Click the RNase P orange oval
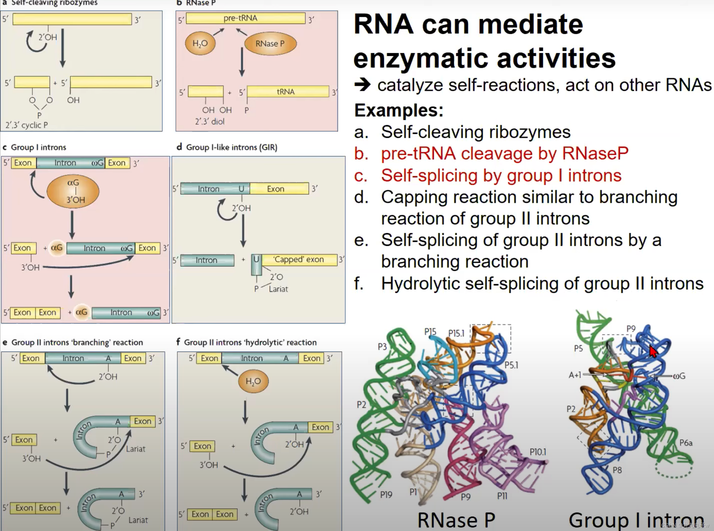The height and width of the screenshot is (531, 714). coord(270,44)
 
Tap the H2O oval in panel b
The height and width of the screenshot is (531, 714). coord(200,43)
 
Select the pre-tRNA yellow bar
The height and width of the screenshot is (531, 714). coord(245,18)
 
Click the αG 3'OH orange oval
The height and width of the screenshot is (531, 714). coord(73,191)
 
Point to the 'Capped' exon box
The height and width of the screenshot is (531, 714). coord(299,260)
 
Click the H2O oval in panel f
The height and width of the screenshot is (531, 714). coord(253,381)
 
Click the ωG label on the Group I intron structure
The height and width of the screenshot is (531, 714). coord(679,376)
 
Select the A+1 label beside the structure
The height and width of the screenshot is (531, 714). coord(575,375)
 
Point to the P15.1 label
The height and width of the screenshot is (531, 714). coord(456,333)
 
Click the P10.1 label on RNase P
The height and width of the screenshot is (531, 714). coord(538,452)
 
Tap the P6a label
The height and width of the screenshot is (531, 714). coord(686,443)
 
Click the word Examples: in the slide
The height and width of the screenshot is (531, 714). coord(399,110)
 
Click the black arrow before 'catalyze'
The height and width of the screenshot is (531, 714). coord(362,85)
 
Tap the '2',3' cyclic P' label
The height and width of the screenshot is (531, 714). coord(27,125)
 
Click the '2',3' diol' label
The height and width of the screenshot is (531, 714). coord(210,121)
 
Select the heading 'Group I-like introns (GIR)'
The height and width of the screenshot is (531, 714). coord(231,147)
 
